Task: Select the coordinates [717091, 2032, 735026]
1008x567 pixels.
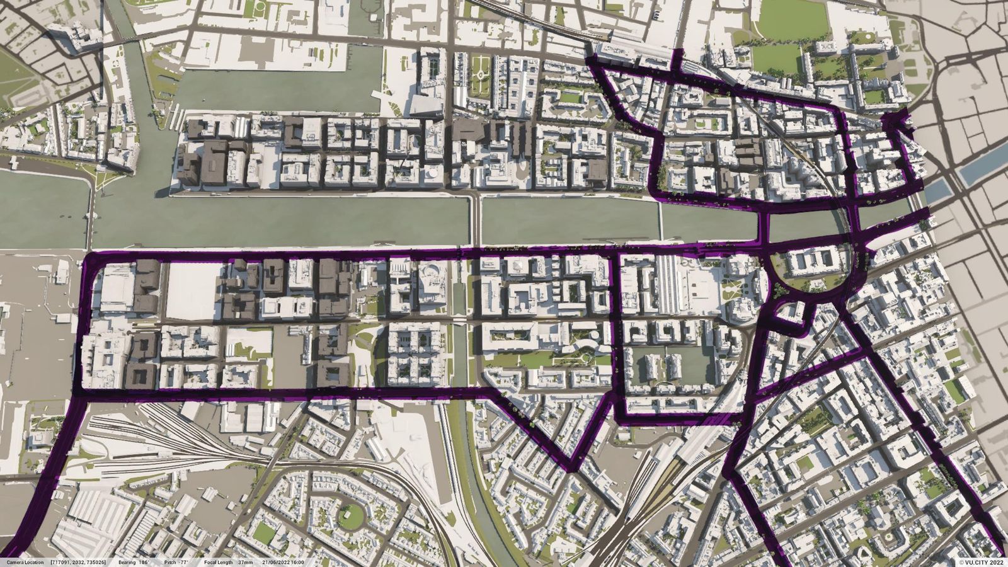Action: (79, 562)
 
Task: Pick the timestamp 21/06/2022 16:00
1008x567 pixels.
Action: (284, 562)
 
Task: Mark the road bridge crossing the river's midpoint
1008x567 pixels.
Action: (476, 220)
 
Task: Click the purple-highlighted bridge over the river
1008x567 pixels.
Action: (765, 227)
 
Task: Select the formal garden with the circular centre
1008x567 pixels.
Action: (480, 76)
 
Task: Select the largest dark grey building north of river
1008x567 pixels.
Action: (214, 163)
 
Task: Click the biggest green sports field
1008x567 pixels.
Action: (793, 19)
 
